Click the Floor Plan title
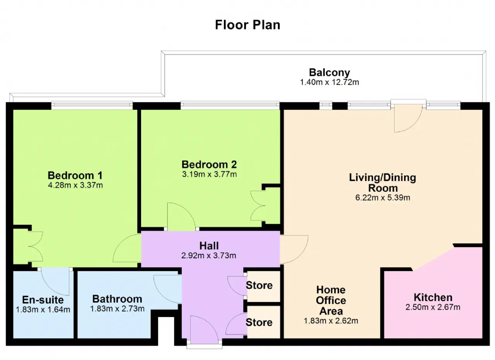point(247,25)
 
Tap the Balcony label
point(329,72)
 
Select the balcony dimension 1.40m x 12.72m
point(329,82)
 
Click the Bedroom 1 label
point(75,176)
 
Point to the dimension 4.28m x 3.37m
point(75,185)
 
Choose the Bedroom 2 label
point(209,165)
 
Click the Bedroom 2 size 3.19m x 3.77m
point(209,174)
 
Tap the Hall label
point(209,246)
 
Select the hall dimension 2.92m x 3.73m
point(208,256)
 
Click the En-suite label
point(43,300)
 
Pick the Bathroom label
point(117,299)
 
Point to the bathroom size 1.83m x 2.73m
point(117,309)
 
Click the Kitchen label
point(433,297)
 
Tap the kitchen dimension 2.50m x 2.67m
point(433,307)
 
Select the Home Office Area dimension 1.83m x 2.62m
point(331,321)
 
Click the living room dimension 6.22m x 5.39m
point(382,198)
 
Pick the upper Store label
point(259,285)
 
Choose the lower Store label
point(259,322)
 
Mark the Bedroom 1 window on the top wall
point(92,106)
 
